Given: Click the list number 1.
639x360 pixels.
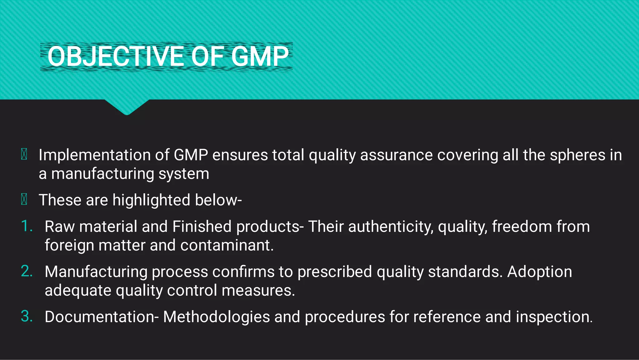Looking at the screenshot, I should (x=27, y=226).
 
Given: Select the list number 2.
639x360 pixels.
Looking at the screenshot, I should (x=27, y=271).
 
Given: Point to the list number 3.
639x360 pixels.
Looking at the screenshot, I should (x=27, y=316).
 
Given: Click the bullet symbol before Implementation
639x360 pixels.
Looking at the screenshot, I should (x=24, y=154).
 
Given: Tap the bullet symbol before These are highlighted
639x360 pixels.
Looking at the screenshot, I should (x=24, y=199).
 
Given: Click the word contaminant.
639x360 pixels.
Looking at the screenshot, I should (x=227, y=245).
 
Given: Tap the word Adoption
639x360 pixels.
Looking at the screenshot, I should (x=539, y=272).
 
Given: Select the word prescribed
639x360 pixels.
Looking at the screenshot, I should (x=334, y=272).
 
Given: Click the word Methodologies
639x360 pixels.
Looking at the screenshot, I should (x=216, y=317).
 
